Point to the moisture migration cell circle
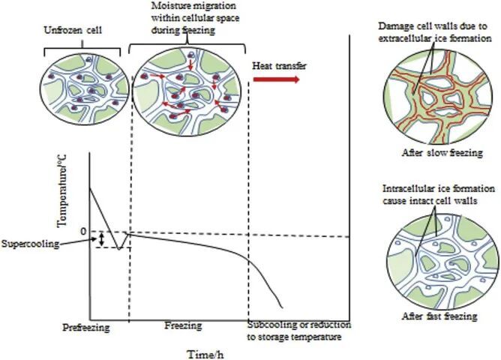pos(178,88)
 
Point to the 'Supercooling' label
pos(29,243)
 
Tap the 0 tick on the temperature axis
pos(82,232)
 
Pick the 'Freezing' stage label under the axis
pos(183,325)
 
